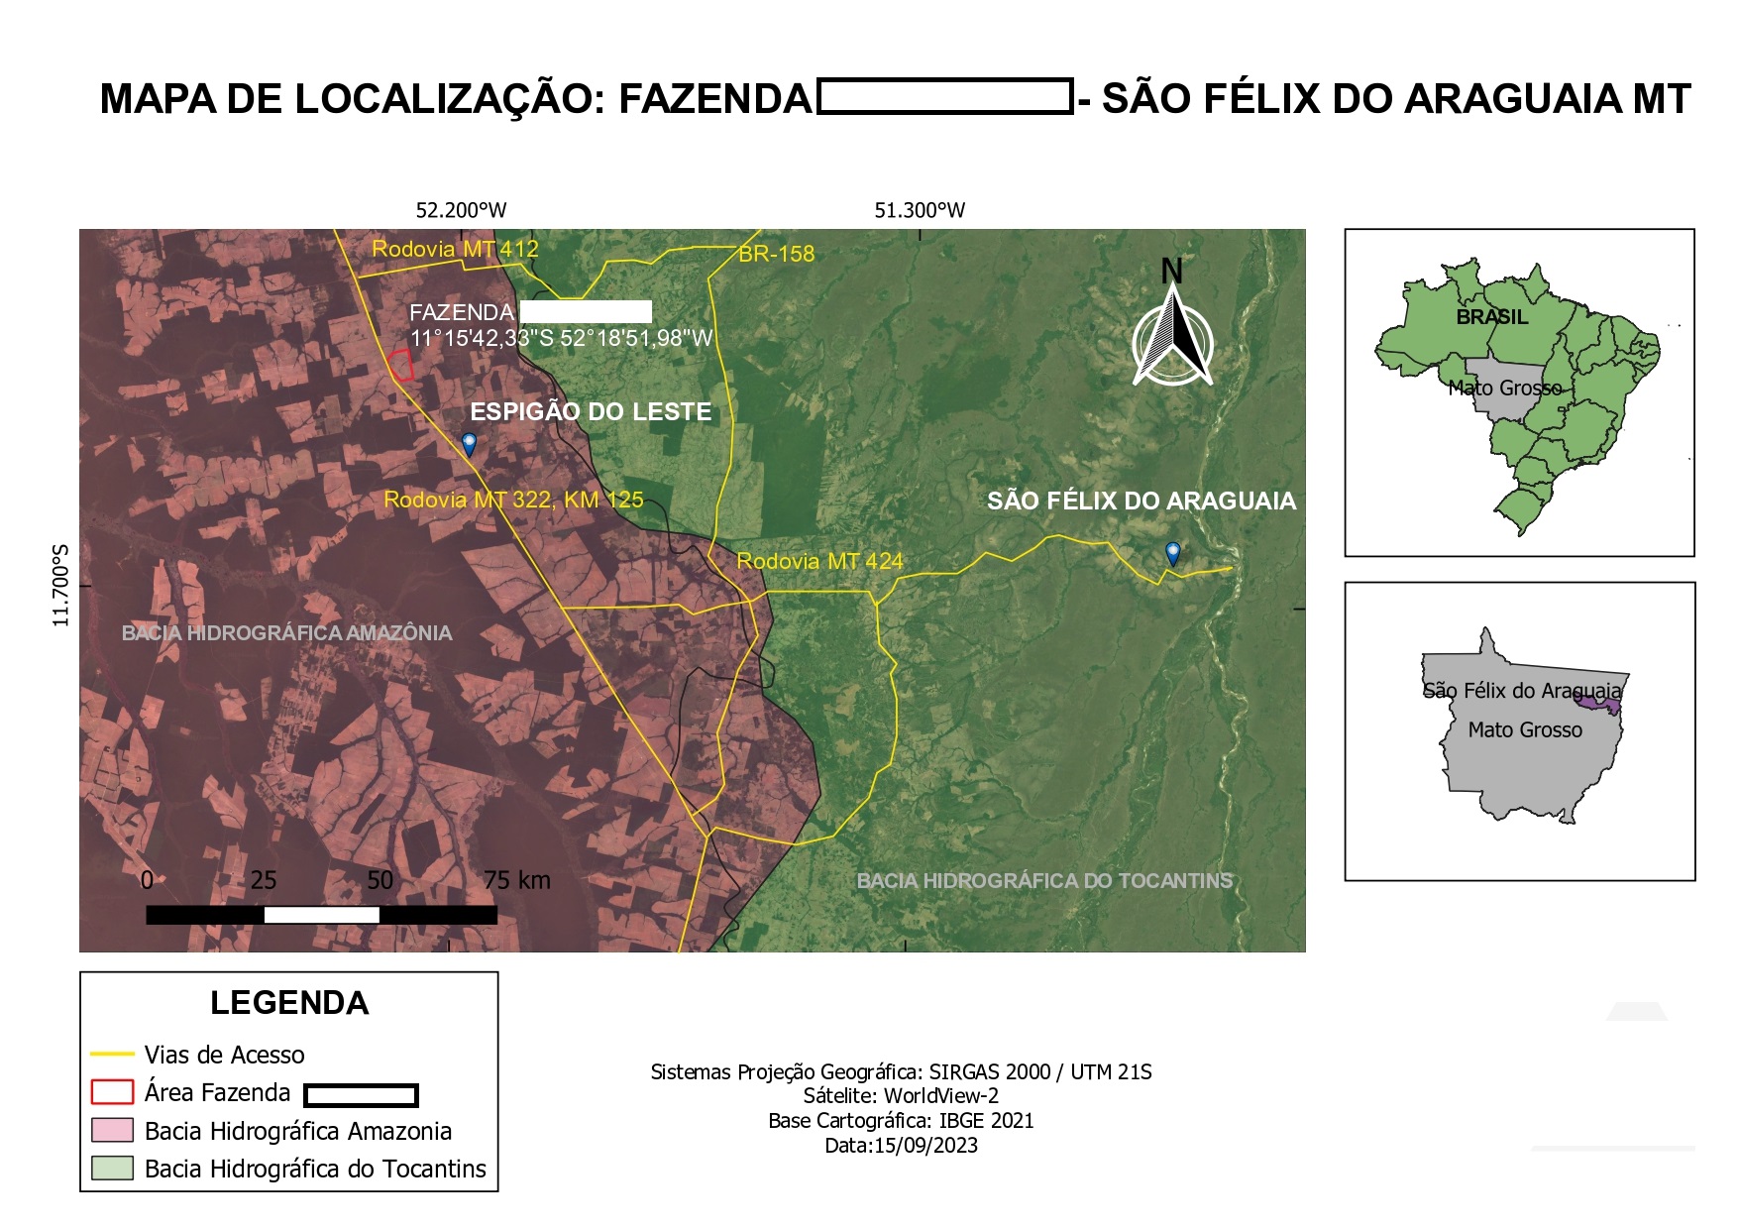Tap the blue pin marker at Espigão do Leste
(469, 443)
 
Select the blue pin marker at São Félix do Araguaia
(1173, 553)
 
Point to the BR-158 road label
(777, 254)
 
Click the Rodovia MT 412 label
(455, 249)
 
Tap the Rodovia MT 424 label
(819, 561)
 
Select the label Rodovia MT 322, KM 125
(513, 500)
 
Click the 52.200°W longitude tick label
(461, 210)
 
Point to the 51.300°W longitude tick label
(920, 210)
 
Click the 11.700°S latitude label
(61, 585)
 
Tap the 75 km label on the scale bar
(516, 880)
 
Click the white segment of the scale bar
(322, 915)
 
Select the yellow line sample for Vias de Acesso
(111, 1054)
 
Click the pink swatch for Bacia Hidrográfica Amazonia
(112, 1130)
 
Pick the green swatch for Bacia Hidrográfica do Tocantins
(112, 1168)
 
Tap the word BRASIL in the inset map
(1491, 317)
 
